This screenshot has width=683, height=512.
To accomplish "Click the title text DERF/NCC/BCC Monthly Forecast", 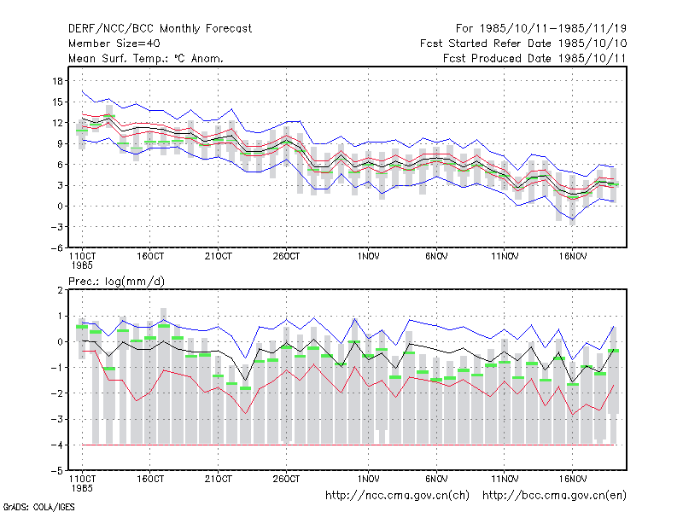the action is coord(160,29).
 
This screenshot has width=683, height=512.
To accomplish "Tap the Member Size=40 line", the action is coord(114,44).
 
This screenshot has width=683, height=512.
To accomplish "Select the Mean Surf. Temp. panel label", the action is coord(145,58).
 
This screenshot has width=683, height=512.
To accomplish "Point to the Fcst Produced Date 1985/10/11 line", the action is coord(534,58).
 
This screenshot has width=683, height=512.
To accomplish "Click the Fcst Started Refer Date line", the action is coord(523,44).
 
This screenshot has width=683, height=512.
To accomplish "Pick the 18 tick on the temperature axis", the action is coord(57,81).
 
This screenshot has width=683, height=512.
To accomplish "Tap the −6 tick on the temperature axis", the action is coord(57,247).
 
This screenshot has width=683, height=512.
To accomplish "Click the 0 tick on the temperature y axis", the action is coord(60,207).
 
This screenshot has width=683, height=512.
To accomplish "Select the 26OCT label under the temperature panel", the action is coord(286,257).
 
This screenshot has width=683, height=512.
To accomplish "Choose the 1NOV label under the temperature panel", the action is coord(368,257).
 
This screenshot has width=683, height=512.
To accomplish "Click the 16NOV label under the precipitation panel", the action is coord(572,479).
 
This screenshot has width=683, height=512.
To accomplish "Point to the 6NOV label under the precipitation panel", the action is coord(436,479).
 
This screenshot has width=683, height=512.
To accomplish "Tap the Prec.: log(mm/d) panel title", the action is coord(116,282).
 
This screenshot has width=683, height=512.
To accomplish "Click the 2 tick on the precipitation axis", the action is coord(60,290).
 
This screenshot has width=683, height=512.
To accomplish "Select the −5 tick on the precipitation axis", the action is coord(57,471).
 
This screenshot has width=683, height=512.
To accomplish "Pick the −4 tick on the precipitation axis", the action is coord(57,445).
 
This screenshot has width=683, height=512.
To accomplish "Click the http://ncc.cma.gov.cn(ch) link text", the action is coord(397,496).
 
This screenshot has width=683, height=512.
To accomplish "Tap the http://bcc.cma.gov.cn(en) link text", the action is coord(554,496).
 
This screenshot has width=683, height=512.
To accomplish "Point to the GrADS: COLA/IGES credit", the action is coord(38,507).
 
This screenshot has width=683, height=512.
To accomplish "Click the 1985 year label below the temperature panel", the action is coord(82,265).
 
